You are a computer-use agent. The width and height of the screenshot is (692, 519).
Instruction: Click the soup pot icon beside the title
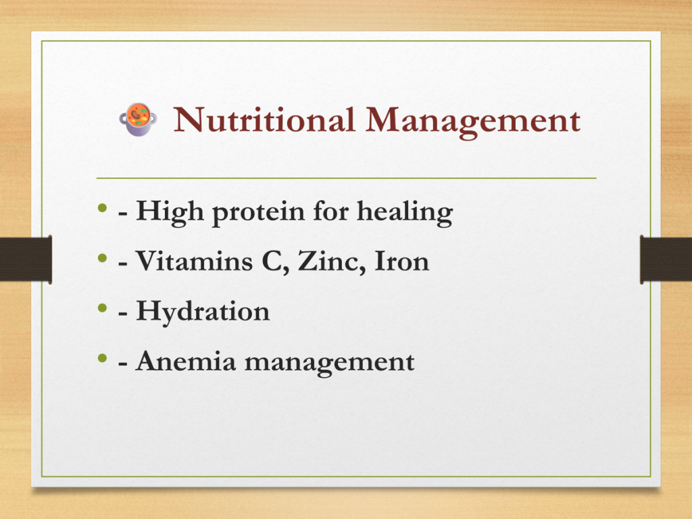(x=138, y=120)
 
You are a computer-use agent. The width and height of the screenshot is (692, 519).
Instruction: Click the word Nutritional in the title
(x=264, y=120)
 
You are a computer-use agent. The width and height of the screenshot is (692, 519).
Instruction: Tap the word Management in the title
(x=472, y=122)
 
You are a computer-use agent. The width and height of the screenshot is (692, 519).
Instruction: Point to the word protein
(x=259, y=214)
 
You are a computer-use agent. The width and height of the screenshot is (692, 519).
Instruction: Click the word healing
(x=405, y=212)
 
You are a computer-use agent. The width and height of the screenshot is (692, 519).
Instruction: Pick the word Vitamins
(x=194, y=261)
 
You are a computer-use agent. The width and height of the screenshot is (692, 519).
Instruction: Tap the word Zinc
(x=332, y=262)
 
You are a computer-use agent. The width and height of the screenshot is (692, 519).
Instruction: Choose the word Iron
(x=401, y=261)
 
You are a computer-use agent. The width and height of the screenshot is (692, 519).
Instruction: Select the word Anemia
(x=186, y=361)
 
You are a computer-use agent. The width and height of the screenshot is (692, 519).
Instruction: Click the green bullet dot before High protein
(x=103, y=207)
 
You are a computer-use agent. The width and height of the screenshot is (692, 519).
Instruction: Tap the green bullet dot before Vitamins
(x=103, y=257)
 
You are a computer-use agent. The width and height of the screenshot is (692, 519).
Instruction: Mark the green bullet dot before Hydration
(x=103, y=307)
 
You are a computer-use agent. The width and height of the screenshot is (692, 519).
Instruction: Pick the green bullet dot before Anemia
(x=103, y=358)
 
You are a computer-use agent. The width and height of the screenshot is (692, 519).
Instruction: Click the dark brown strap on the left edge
(x=26, y=259)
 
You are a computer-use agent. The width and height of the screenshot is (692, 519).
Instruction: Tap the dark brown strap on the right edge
(x=666, y=259)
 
